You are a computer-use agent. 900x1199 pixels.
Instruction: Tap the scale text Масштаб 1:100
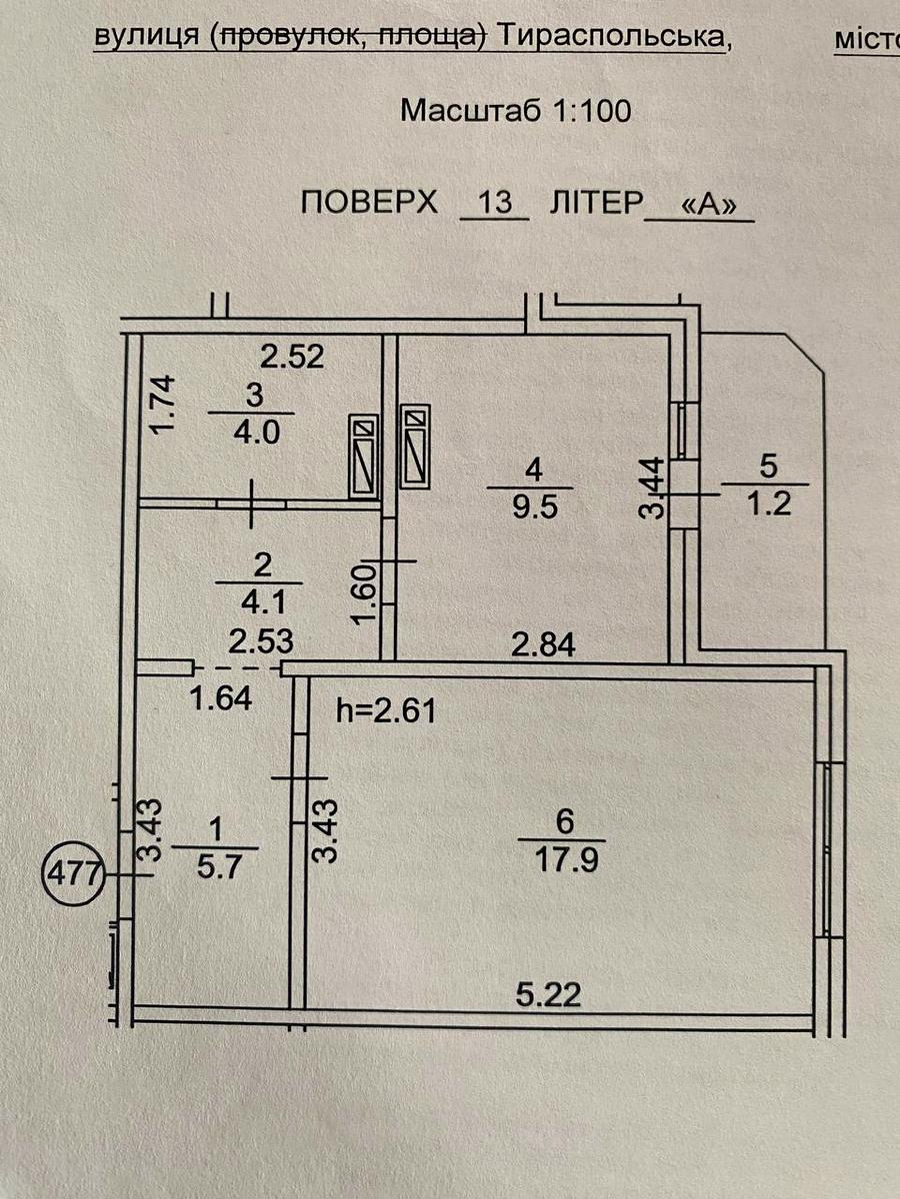pyautogui.click(x=515, y=110)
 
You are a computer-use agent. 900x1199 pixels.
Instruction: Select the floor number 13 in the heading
pyautogui.click(x=492, y=203)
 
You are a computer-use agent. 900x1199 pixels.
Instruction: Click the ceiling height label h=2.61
pyautogui.click(x=386, y=711)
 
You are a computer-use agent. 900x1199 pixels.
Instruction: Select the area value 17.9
pyautogui.click(x=562, y=859)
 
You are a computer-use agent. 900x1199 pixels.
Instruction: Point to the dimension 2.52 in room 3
pyautogui.click(x=292, y=356)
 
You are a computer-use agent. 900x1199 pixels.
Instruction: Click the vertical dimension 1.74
pyautogui.click(x=166, y=403)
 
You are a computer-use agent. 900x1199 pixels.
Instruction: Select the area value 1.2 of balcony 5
pyautogui.click(x=766, y=503)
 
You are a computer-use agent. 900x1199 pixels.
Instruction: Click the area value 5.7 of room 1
pyautogui.click(x=214, y=867)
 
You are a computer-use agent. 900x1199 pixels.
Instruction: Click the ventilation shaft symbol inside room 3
pyautogui.click(x=364, y=456)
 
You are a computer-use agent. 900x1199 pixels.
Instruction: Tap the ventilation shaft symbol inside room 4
pyautogui.click(x=414, y=446)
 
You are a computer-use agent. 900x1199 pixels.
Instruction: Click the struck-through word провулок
pyautogui.click(x=293, y=36)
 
